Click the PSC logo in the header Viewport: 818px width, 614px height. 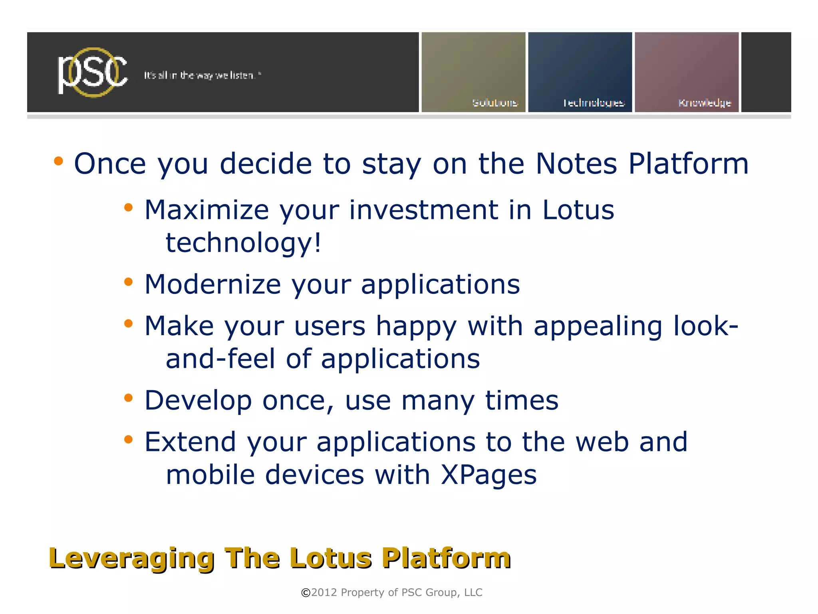click(93, 73)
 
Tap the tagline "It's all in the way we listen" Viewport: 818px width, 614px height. click(202, 76)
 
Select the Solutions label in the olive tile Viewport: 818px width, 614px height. click(495, 103)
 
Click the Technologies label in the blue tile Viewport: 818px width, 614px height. click(594, 103)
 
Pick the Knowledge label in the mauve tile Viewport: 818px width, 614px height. click(705, 103)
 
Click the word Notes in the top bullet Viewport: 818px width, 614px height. click(576, 164)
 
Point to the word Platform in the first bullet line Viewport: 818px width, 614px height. click(688, 164)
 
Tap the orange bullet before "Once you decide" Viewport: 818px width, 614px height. click(59, 161)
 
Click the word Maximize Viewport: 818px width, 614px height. click(206, 210)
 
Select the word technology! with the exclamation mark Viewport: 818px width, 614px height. click(243, 243)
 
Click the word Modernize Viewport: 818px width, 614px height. click(212, 284)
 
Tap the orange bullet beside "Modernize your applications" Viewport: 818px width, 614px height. click(128, 282)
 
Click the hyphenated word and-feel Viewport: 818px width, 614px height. click(220, 359)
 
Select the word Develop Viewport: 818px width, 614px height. click(198, 401)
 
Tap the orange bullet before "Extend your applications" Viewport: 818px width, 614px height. click(128, 439)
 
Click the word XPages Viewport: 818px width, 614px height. click(488, 475)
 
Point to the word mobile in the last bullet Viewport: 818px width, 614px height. click(210, 475)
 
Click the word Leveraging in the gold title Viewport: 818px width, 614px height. click(132, 558)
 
